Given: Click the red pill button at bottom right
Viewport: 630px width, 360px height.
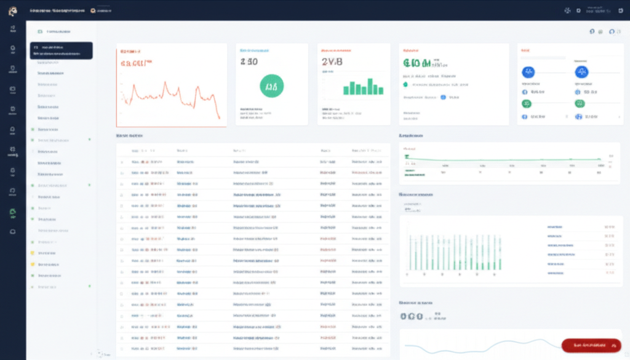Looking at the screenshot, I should pos(591,346).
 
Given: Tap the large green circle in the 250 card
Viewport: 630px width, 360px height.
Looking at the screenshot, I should pos(272,86).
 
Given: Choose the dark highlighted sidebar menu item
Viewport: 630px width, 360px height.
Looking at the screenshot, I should pos(61,50).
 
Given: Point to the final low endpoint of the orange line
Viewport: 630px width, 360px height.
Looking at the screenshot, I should pos(219,118).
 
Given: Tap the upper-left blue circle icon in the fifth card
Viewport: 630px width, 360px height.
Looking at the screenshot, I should pos(528,72).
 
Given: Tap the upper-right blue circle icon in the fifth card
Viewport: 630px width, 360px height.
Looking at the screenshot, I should pos(581,72).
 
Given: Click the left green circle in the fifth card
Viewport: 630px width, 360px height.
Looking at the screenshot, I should pos(526,103).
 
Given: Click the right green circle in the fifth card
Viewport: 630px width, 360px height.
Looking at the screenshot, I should pos(579,103).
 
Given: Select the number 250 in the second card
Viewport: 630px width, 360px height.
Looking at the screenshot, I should pos(249,62).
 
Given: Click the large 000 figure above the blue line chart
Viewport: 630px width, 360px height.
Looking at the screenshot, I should pos(411,316).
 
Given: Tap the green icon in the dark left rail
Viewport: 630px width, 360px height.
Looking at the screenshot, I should pos(13,213).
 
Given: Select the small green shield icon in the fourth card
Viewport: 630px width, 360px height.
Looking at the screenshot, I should pos(405,84).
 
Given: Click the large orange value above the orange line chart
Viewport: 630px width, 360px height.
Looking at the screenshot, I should pos(137,63).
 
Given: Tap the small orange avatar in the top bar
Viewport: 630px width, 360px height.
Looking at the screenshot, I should pos(93,10).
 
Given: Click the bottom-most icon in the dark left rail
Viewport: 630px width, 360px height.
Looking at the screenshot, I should pos(13,231).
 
